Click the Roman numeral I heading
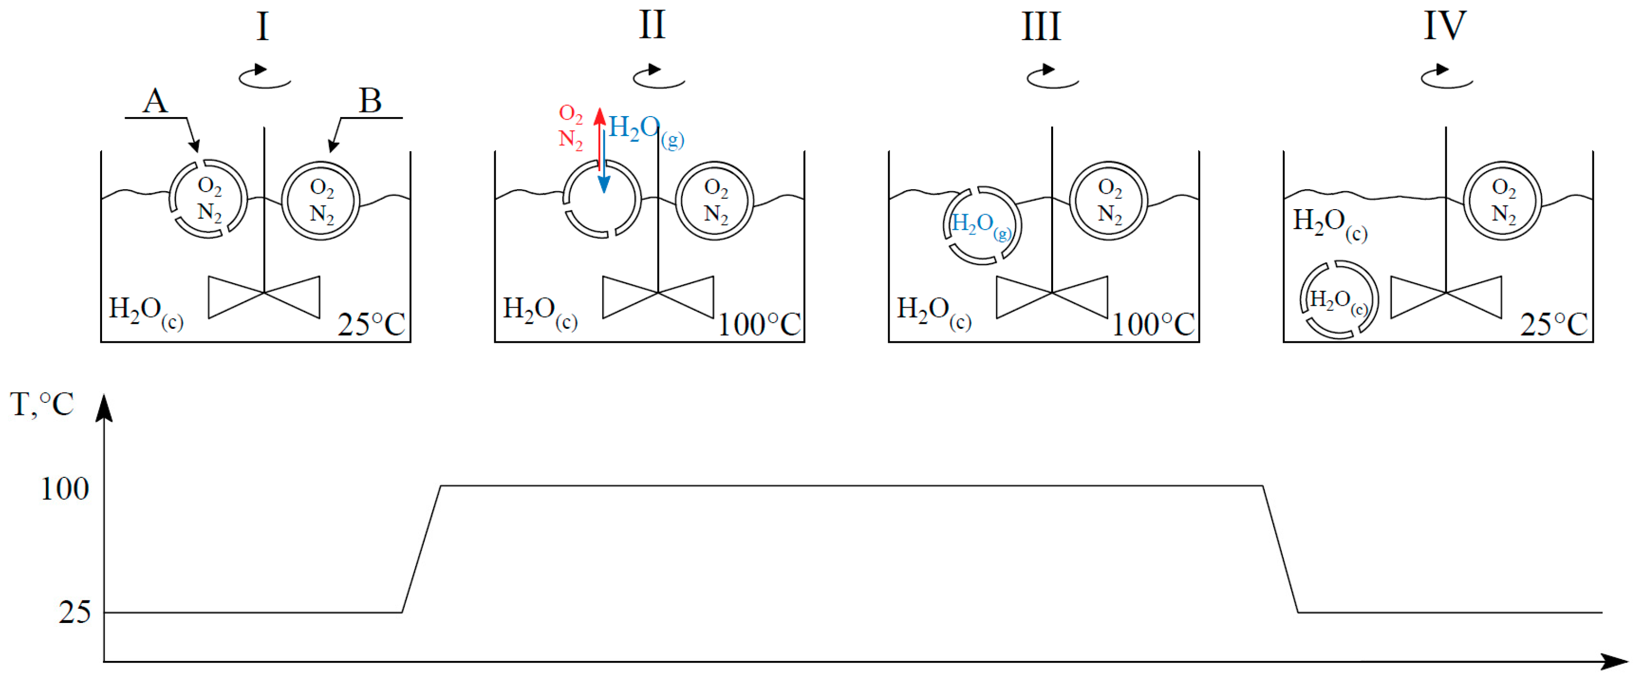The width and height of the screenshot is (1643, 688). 263,27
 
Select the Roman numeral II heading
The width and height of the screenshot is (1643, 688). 652,26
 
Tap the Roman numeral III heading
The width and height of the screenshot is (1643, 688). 1041,27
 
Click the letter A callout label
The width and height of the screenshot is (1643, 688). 155,101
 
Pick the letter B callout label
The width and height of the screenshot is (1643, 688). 370,101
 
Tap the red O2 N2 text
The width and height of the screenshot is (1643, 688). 571,126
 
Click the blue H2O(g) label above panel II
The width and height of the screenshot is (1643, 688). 645,130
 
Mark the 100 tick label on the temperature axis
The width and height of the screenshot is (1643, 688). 65,489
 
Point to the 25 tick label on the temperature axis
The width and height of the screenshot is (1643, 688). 75,612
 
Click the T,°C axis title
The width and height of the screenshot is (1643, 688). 42,404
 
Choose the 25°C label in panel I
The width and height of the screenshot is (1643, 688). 371,325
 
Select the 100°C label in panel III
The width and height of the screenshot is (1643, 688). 1153,325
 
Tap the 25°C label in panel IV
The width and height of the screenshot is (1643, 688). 1554,325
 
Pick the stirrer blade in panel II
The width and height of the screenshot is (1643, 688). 657,297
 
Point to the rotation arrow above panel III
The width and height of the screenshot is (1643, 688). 1052,77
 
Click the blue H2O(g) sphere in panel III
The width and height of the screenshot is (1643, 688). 982,225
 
